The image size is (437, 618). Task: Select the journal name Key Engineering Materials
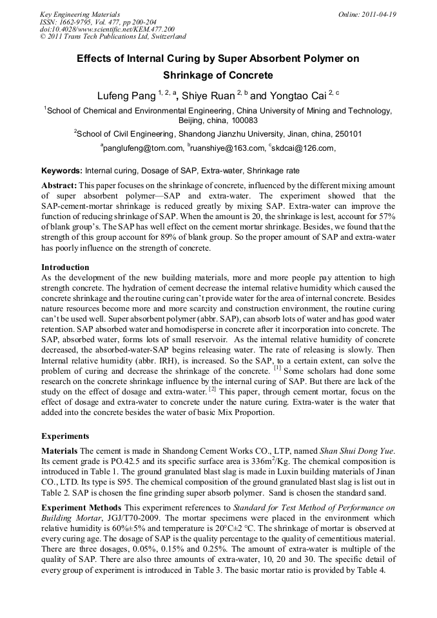(x=80, y=14)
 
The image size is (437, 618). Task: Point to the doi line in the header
(x=107, y=29)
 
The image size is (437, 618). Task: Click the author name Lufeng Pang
(x=126, y=97)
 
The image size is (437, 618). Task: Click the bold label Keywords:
(x=62, y=171)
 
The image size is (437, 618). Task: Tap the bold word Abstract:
(x=59, y=185)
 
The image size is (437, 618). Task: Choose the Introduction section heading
(x=65, y=267)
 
